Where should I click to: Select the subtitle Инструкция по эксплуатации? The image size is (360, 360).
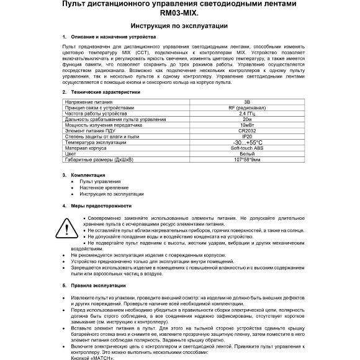[180, 26]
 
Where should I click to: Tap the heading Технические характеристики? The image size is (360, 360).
[106, 91]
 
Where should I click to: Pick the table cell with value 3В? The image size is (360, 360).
[247, 101]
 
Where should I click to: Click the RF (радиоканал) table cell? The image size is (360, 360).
[247, 107]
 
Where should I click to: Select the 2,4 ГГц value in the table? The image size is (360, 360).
[247, 113]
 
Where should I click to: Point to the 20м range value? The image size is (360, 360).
[247, 119]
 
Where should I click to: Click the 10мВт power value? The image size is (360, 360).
[247, 125]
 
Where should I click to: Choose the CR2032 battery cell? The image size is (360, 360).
[247, 130]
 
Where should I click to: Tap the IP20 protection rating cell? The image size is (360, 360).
[247, 136]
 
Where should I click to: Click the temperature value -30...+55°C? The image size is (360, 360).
[247, 142]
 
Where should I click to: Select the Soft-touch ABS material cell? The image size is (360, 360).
[247, 148]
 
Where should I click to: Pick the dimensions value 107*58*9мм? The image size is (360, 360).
[247, 160]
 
